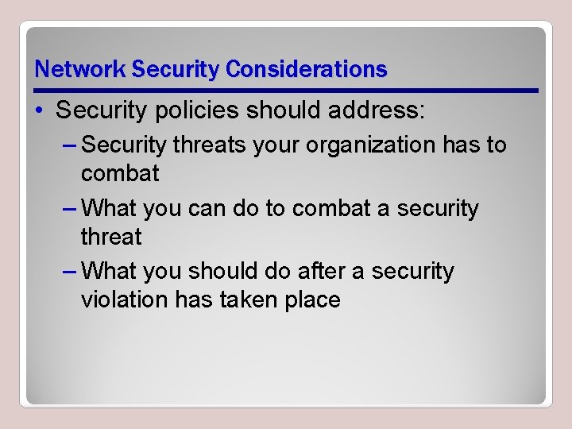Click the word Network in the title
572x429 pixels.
[x=80, y=69]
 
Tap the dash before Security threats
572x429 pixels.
[x=68, y=145]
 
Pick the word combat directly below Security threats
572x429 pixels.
[x=120, y=173]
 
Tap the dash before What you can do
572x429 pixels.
[x=68, y=209]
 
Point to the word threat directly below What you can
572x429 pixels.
[x=111, y=237]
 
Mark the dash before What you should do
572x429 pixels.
[x=68, y=272]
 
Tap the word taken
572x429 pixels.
[x=256, y=300]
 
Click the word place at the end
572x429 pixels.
[x=314, y=300]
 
